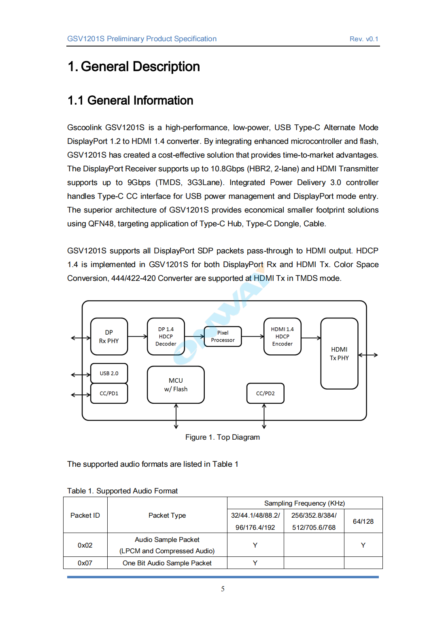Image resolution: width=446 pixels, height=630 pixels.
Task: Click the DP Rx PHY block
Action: [x=109, y=337]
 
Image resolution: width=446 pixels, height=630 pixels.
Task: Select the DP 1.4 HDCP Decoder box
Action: [x=166, y=337]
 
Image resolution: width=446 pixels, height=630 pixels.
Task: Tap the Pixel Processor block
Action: [x=223, y=337]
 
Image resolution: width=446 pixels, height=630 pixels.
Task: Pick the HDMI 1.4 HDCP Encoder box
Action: [x=282, y=337]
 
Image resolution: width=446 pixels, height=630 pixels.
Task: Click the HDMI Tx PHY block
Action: [x=339, y=354]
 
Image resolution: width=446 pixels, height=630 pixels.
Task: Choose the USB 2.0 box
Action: [x=109, y=373]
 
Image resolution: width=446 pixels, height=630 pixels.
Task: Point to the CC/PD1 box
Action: [x=109, y=393]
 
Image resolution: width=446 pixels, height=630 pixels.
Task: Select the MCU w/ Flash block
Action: [x=176, y=385]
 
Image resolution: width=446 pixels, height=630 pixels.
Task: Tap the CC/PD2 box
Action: [x=265, y=393]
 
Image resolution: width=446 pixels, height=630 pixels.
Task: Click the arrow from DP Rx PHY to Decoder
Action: [x=138, y=337]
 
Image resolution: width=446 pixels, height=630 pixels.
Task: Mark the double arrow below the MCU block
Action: [x=176, y=416]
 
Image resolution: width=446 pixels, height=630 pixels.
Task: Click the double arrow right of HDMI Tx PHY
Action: [x=368, y=355]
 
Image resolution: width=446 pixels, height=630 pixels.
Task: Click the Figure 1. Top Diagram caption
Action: [x=223, y=437]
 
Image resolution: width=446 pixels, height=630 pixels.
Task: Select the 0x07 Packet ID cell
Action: [x=85, y=563]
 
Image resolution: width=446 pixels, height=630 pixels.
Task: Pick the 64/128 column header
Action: [x=363, y=521]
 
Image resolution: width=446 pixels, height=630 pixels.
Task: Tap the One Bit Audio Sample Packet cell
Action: [x=167, y=563]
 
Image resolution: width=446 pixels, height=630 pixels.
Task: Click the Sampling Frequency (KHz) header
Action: [x=304, y=503]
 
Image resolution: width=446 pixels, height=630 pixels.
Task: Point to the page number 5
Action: [x=223, y=589]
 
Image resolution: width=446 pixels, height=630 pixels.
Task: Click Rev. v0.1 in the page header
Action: [x=364, y=39]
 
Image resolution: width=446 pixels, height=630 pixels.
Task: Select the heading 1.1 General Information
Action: [x=130, y=101]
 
